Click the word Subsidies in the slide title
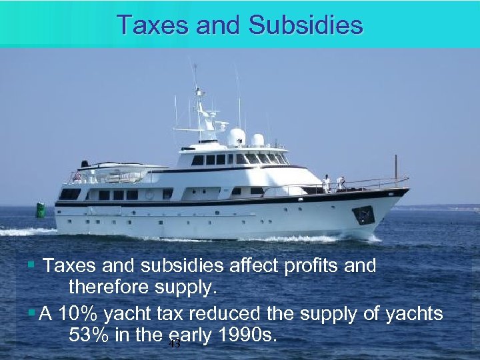[x=305, y=25]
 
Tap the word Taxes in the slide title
[x=147, y=25]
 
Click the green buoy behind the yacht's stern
[x=41, y=210]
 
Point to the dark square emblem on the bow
[x=363, y=215]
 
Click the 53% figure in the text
[x=89, y=335]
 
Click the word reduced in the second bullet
[x=224, y=314]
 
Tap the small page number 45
[x=175, y=345]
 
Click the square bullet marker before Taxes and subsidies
[x=31, y=266]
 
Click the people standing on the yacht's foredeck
[x=333, y=182]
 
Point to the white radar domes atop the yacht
[x=245, y=138]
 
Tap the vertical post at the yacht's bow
[x=395, y=169]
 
